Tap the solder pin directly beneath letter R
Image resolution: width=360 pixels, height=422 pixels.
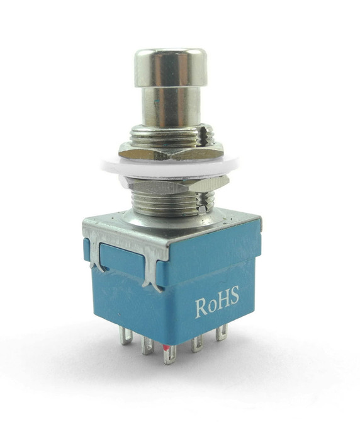196,343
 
